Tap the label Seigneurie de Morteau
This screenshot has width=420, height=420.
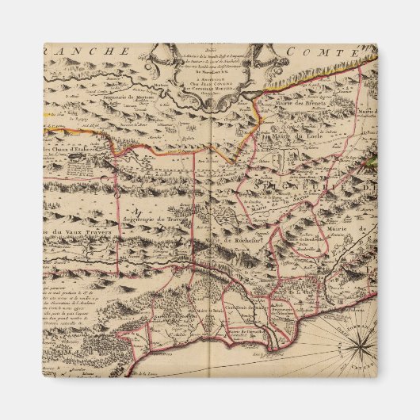pyautogui.click(x=136, y=97)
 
